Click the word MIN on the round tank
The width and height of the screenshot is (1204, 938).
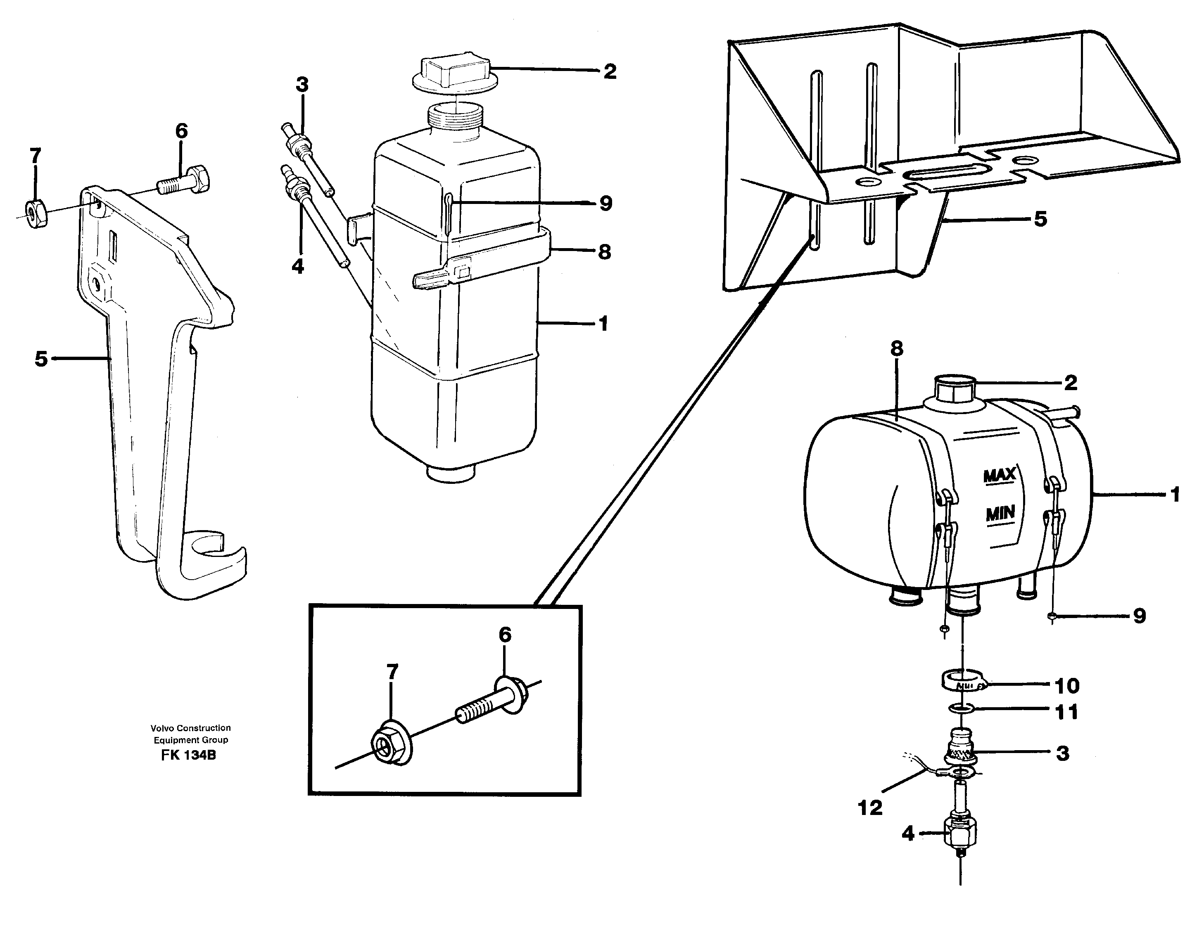(x=1000, y=514)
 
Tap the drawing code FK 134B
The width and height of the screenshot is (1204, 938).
(x=188, y=756)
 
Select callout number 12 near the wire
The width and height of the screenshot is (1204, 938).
(x=870, y=808)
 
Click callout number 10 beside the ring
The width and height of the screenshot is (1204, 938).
(x=1067, y=686)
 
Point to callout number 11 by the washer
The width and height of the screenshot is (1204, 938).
(x=1066, y=712)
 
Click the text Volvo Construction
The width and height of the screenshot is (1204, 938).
(x=191, y=728)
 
